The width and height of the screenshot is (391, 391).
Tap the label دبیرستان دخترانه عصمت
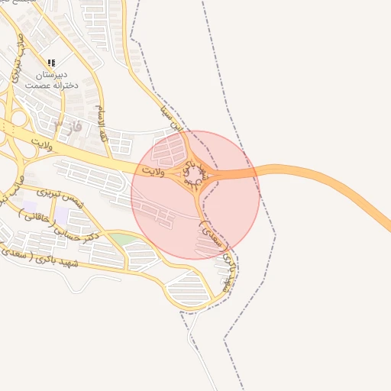pyautogui.click(x=51, y=80)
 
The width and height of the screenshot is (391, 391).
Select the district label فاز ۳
pyautogui.click(x=68, y=124)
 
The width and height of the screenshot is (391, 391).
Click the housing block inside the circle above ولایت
pyautogui.click(x=164, y=153)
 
